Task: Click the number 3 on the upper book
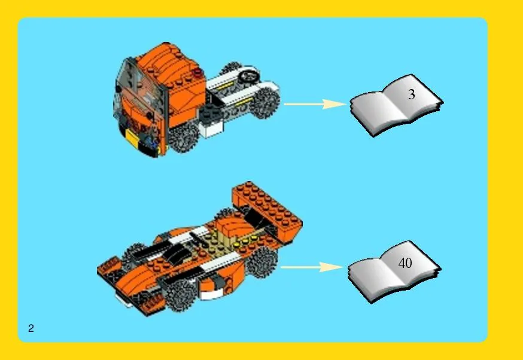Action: click(x=412, y=94)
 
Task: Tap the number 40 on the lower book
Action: click(x=405, y=263)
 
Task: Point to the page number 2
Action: click(x=31, y=328)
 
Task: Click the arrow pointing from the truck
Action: click(x=315, y=104)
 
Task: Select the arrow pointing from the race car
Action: click(x=312, y=267)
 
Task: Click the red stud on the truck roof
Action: click(x=198, y=71)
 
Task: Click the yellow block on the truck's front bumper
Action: click(x=132, y=138)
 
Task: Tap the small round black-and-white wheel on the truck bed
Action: click(x=248, y=77)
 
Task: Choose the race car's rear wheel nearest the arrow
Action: click(x=262, y=262)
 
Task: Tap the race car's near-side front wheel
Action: click(x=180, y=294)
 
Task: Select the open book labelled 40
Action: click(x=394, y=271)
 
